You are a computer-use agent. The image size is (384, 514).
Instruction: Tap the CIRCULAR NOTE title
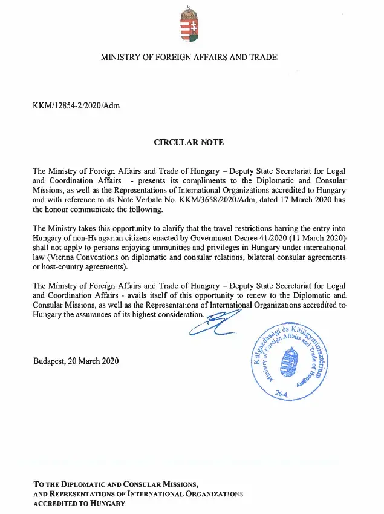[189, 143]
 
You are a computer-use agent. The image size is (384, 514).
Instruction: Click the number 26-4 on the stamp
[282, 394]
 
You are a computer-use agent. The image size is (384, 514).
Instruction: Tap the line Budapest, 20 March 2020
[76, 361]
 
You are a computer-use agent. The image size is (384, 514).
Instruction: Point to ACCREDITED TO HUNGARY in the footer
[79, 504]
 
